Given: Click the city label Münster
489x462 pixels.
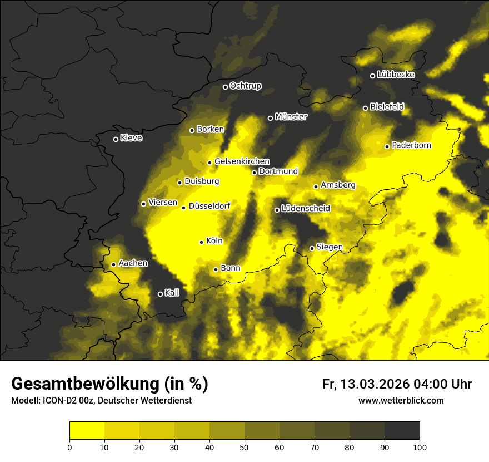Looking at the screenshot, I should [291, 117].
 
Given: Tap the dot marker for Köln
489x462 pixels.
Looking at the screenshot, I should [202, 242].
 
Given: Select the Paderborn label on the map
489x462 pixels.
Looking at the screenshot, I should [411, 145].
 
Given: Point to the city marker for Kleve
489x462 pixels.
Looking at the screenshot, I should [116, 139].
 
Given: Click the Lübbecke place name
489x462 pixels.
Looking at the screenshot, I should [396, 75].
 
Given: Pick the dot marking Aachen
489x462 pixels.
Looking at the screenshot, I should [113, 264].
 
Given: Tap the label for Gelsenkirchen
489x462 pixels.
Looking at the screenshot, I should [242, 161].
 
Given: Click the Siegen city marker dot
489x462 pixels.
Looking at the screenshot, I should [312, 248].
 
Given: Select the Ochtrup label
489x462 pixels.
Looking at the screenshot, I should [245, 86].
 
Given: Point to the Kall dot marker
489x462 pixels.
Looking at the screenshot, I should [160, 294].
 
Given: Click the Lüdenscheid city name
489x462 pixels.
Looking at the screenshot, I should [306, 209].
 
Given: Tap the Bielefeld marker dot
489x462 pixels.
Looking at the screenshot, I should [365, 108].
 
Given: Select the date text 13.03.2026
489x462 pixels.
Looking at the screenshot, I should [375, 384].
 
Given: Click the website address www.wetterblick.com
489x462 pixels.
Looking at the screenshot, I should [401, 400].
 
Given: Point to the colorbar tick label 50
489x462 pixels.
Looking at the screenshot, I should [244, 447].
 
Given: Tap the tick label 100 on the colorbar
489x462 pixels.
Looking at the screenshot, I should [420, 447].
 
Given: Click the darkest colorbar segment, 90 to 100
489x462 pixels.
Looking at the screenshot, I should [402, 431].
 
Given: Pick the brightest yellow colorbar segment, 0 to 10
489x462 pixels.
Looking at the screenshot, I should [87, 431].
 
